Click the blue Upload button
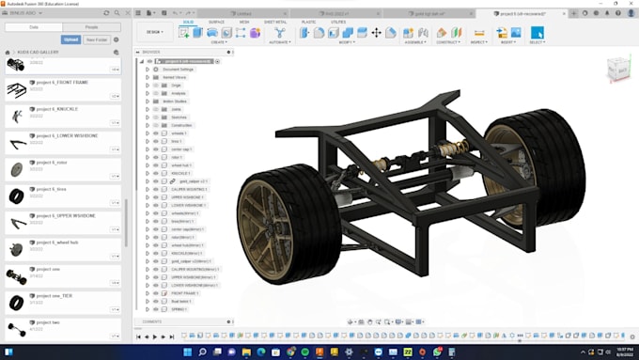click(70, 39)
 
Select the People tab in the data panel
click(90, 27)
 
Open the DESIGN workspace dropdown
click(154, 32)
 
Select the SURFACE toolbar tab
click(216, 21)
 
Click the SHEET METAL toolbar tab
click(275, 21)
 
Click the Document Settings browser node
click(179, 70)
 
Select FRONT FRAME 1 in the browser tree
click(184, 293)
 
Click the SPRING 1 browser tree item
click(179, 308)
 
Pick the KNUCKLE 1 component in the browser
click(181, 173)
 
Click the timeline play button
click(155, 336)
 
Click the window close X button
click(629, 4)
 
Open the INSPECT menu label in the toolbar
click(478, 42)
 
